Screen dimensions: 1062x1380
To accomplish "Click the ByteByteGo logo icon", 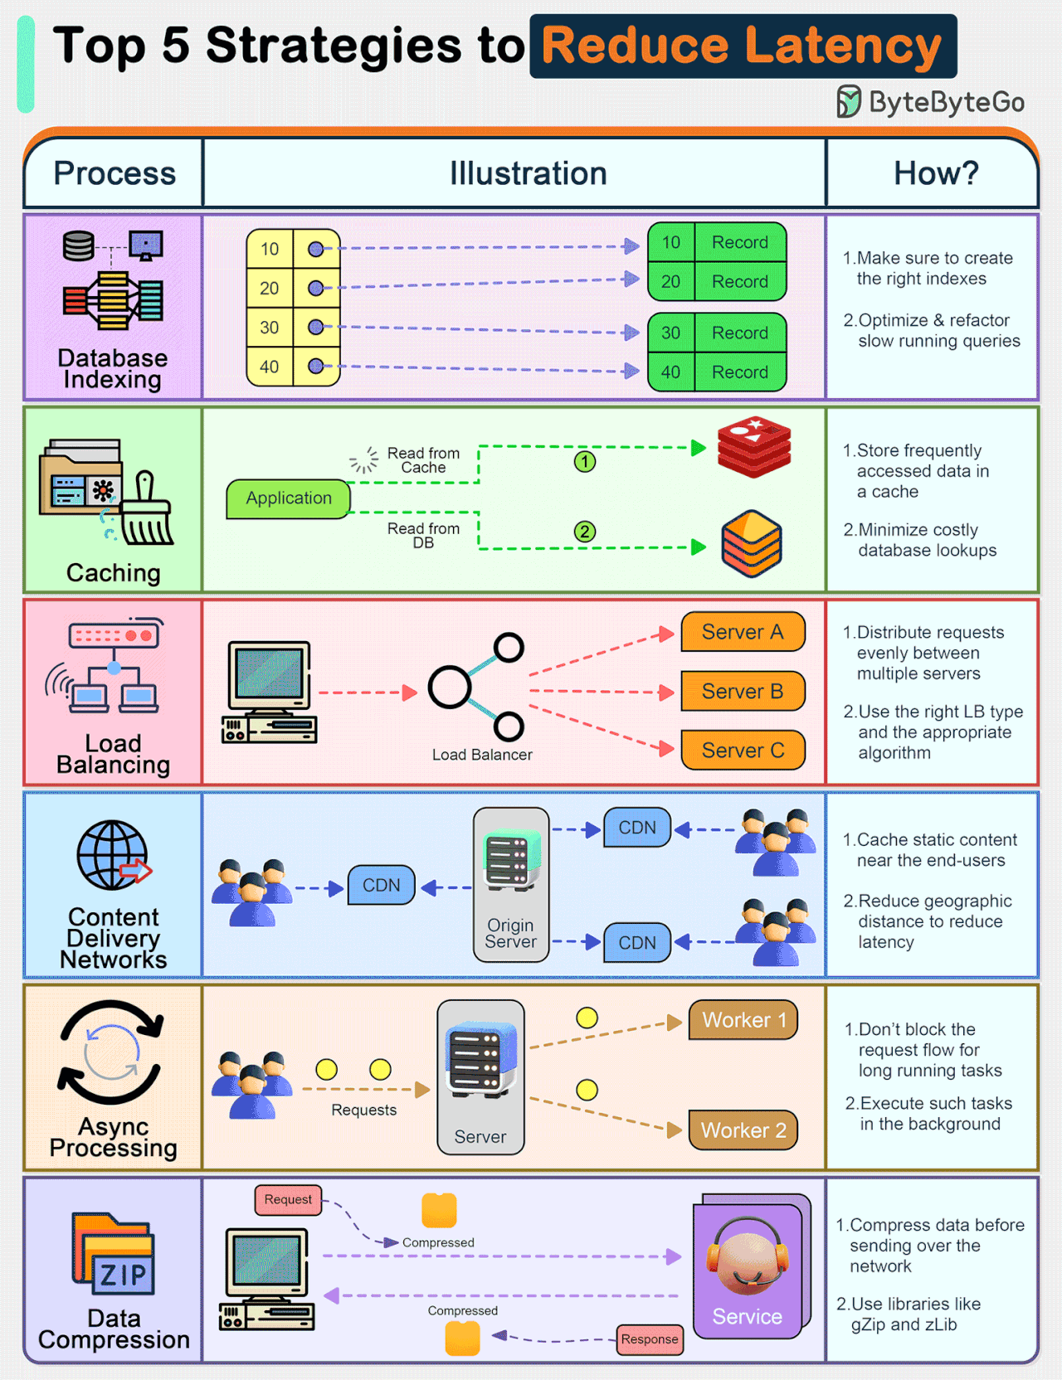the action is coord(848,101).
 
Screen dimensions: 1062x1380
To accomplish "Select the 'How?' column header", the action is coord(935,173).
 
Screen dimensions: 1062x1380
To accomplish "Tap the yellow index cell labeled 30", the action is coord(270,328).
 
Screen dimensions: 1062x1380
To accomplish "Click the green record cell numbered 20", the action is coord(670,281).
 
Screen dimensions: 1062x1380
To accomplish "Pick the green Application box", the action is coord(288,498).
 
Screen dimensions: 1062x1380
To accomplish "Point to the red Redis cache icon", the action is coord(754,447).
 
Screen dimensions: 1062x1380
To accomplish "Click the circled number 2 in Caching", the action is coord(585,532).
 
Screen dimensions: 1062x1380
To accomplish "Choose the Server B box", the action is coord(743,691).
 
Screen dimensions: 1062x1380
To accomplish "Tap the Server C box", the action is coord(743,750).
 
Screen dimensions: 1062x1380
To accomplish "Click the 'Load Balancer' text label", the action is coord(482,755).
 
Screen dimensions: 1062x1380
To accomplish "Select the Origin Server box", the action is coord(511,885).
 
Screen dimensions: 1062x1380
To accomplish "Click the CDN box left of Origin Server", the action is coord(381,885).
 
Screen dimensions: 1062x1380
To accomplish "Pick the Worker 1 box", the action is coord(743,1020).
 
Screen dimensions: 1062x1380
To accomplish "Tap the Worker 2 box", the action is coord(743,1130).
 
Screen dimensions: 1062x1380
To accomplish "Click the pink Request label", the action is coord(288,1199).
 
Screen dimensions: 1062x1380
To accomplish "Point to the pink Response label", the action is coord(650,1339).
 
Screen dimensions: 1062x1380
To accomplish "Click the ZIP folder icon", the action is coord(113,1254).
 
